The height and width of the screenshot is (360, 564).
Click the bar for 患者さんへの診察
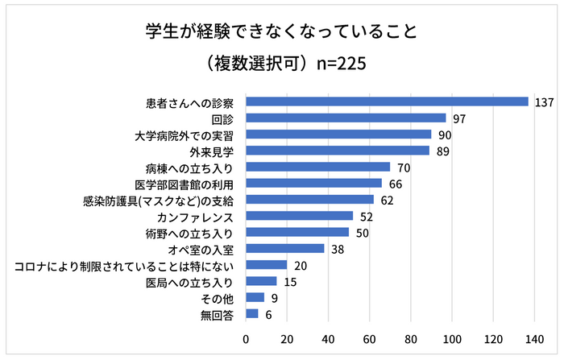(x=387, y=101)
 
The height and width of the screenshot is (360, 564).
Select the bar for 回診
(x=346, y=118)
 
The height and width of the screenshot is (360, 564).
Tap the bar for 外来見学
(x=338, y=151)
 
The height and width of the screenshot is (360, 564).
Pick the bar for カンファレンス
(x=300, y=216)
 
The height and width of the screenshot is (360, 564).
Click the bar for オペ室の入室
(x=285, y=249)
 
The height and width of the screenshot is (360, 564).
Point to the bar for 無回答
(x=252, y=314)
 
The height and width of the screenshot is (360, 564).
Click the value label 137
(x=543, y=102)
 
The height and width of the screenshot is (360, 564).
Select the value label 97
(x=459, y=118)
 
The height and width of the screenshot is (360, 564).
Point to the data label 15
(x=289, y=282)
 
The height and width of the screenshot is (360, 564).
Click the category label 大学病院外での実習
(x=185, y=134)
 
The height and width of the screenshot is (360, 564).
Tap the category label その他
(x=218, y=298)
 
